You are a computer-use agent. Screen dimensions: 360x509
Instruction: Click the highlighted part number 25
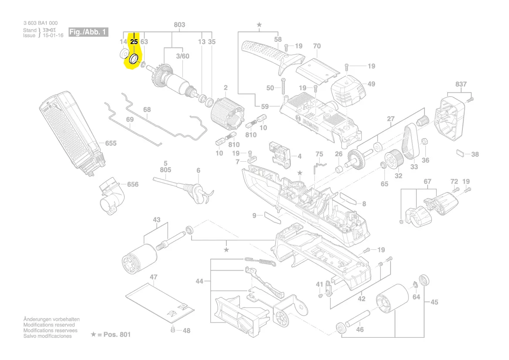point(134,42)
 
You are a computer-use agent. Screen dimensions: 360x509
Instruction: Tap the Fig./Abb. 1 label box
point(88,33)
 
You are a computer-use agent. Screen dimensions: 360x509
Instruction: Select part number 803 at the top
point(179,25)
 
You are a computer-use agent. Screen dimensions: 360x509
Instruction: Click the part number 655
point(111,143)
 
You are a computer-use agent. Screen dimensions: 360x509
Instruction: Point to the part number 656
point(132,184)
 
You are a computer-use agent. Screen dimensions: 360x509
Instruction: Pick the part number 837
point(461,84)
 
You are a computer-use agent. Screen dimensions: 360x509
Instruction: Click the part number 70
point(317,46)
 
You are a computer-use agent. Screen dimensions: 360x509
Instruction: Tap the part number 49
point(371,84)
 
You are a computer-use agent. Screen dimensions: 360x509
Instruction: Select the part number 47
point(153,277)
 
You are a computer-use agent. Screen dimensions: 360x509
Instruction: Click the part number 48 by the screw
point(186,331)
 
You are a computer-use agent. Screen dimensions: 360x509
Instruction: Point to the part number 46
point(360,329)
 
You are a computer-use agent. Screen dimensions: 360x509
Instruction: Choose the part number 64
point(416,297)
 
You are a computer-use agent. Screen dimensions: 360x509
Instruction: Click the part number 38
point(475,154)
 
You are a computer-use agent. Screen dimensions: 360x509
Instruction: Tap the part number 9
point(254,215)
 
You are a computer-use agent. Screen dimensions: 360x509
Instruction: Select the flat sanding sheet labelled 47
point(159,302)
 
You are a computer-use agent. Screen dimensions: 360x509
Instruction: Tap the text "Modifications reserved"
point(49,325)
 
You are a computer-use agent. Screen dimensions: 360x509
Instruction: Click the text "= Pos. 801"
point(114,335)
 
